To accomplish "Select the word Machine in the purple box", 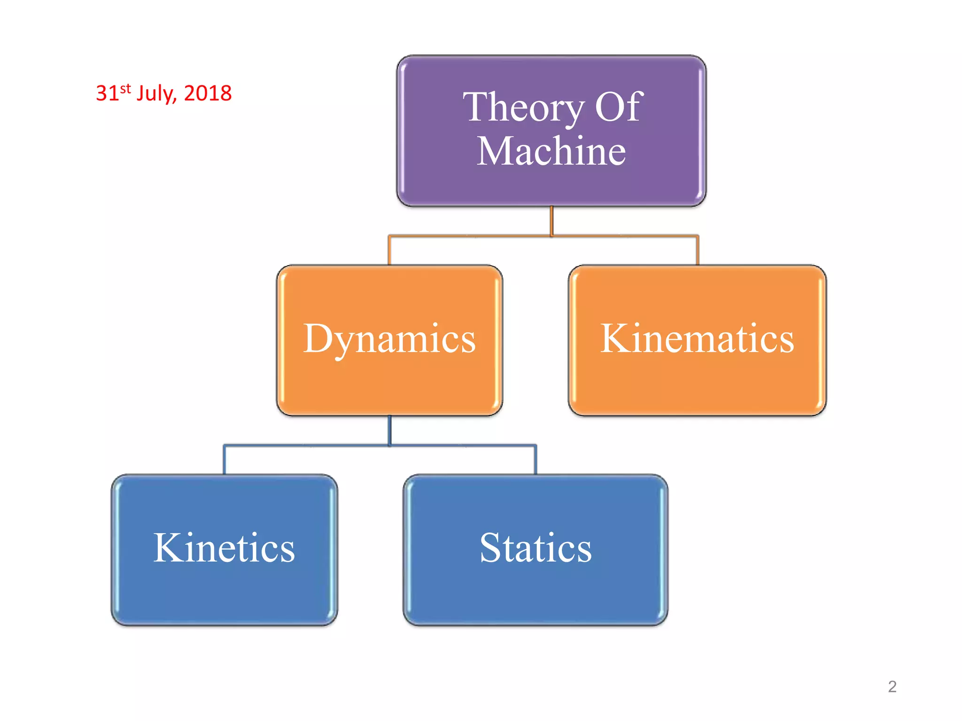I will click(x=551, y=151).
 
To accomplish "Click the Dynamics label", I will click(x=389, y=339).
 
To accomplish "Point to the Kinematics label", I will click(x=697, y=338).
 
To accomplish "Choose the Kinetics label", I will click(x=224, y=548).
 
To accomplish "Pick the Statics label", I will click(x=535, y=548).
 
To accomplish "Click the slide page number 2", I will click(x=892, y=687).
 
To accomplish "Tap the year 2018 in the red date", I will click(x=208, y=93).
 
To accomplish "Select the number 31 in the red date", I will click(x=107, y=93).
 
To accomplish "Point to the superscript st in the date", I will click(x=125, y=88).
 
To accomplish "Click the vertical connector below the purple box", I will click(x=551, y=221).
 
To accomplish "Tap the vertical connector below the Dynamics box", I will click(x=389, y=430).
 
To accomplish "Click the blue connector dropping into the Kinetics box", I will click(x=225, y=460).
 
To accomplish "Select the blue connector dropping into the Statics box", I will click(x=535, y=460).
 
